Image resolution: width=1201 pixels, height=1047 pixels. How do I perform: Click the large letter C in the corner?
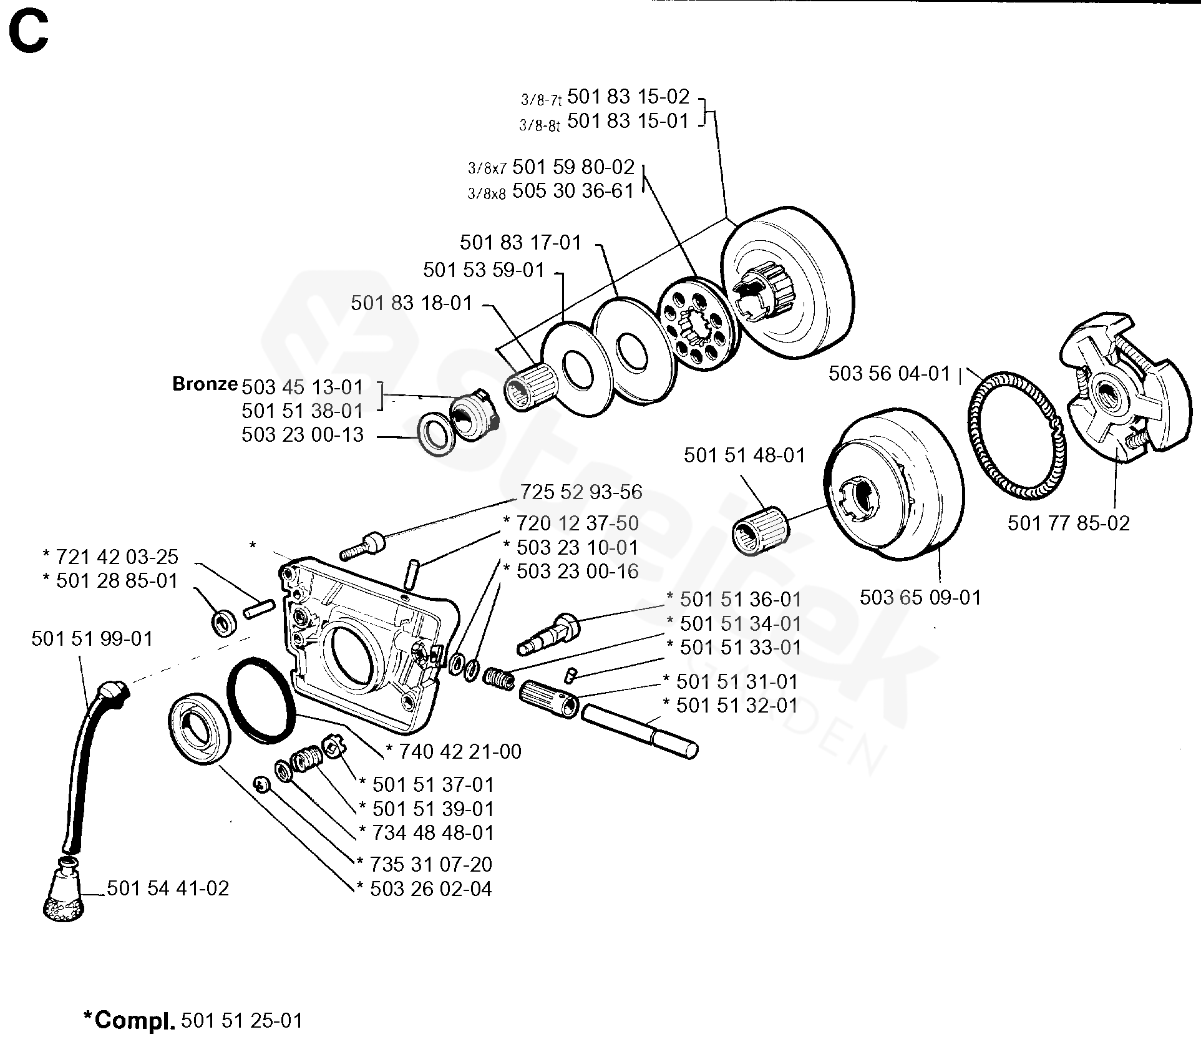point(29,32)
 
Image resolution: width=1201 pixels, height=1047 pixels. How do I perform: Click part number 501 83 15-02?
point(628,97)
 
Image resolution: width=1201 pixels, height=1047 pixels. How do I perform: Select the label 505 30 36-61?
point(573,191)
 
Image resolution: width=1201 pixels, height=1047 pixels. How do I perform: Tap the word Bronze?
point(205,384)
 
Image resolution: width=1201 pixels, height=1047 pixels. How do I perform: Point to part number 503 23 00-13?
point(303,435)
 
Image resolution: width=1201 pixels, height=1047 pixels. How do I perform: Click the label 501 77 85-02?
point(1068,523)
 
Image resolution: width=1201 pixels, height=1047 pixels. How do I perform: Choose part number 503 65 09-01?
point(920,598)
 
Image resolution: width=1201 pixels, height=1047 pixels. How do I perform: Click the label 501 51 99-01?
point(92,639)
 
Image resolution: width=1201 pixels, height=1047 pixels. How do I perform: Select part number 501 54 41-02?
point(168,889)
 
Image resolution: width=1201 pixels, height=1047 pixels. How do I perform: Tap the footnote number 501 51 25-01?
point(242,1021)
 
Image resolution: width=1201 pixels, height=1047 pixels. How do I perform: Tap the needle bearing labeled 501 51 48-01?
point(760,533)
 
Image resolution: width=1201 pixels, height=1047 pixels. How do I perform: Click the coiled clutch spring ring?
point(1013,437)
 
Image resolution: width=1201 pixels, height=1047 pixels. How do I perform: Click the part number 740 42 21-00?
point(459,752)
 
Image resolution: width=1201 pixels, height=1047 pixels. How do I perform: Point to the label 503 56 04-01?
point(888,374)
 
